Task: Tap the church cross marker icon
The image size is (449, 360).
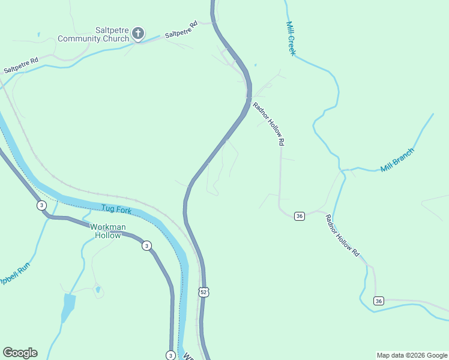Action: point(138,33)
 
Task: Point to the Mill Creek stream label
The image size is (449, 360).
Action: point(291,38)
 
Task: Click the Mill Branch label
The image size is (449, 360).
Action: point(397,160)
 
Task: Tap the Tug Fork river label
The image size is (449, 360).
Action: point(116,209)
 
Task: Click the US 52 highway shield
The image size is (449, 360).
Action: point(204,292)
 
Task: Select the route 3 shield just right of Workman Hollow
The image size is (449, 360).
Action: point(146,245)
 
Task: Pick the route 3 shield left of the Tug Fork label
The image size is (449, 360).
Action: point(41,205)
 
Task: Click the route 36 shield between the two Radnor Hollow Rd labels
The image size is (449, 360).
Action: point(300,216)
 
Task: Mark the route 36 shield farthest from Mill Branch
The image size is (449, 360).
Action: point(378,300)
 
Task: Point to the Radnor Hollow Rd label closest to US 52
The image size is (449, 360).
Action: point(268,124)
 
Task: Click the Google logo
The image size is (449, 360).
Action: point(20,353)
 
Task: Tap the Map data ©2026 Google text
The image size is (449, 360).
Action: point(412,355)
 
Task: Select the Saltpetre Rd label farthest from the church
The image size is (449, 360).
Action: point(21,65)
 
